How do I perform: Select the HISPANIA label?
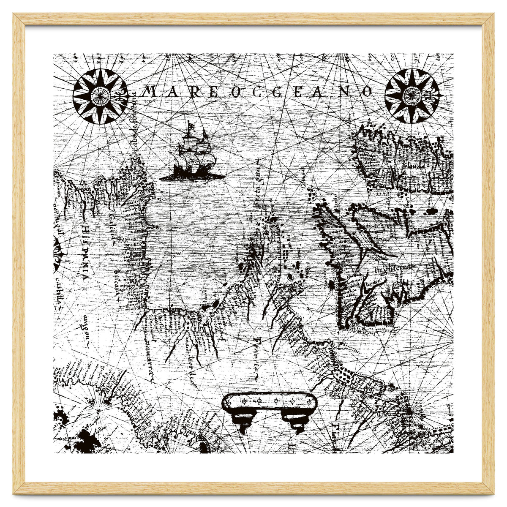pyautogui.click(x=85, y=251)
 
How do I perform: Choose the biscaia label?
pyautogui.click(x=115, y=280)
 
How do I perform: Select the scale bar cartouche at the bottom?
pyautogui.click(x=270, y=402)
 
